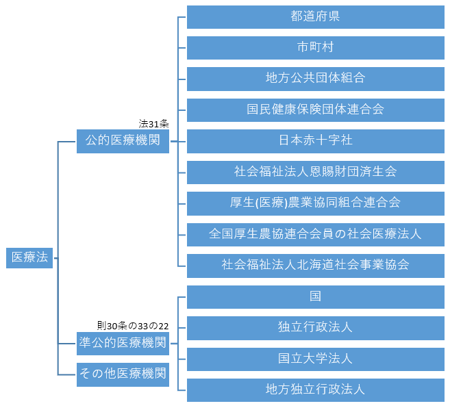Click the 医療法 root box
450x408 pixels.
[29, 257]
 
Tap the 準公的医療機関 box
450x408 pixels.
[123, 343]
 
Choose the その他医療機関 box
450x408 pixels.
[123, 374]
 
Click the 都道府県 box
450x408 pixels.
[315, 17]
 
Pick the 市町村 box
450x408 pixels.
[315, 48]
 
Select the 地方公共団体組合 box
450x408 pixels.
[315, 79]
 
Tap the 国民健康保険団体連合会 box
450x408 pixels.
[315, 110]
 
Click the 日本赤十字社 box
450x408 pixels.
[315, 141]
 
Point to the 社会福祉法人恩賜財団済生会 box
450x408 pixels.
[315, 172]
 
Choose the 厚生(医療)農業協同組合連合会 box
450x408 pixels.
[315, 203]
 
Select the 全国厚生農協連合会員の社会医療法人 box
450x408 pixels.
[315, 234]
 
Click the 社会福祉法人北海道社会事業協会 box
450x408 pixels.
[315, 265]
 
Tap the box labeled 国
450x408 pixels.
[315, 296]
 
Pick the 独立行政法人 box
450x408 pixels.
[315, 327]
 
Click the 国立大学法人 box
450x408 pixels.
[315, 358]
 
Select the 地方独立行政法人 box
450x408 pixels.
[315, 390]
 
